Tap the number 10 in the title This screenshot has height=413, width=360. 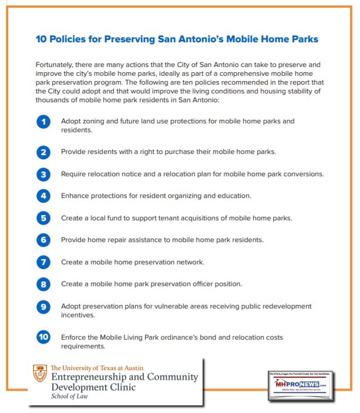click(x=42, y=39)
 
